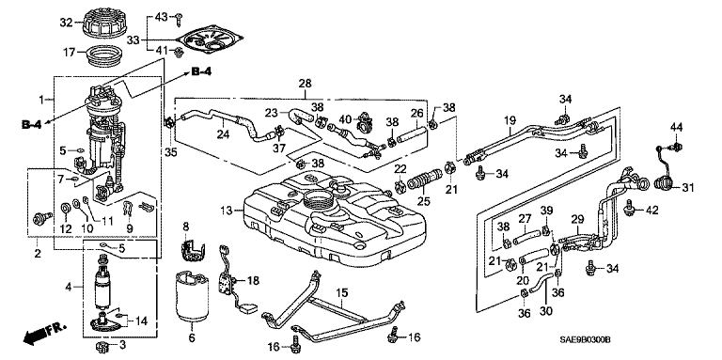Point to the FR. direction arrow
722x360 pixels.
(44, 334)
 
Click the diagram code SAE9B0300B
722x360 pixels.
(585, 339)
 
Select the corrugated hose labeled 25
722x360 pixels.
(424, 179)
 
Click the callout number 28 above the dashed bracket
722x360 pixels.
(305, 84)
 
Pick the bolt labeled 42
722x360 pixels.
(628, 210)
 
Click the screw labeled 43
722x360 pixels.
(179, 19)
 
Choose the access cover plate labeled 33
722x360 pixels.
(213, 41)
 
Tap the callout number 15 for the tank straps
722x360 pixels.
(341, 292)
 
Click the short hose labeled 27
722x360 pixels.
(526, 236)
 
